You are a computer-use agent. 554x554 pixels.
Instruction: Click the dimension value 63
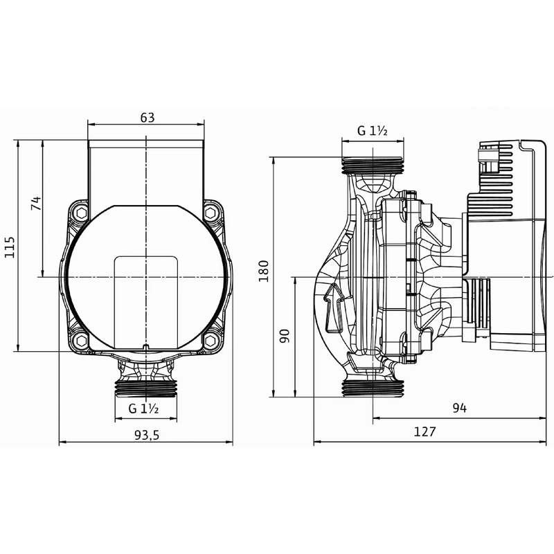pos(147,117)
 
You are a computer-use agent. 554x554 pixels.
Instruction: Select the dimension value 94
pos(459,409)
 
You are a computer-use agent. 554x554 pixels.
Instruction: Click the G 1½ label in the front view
pos(144,409)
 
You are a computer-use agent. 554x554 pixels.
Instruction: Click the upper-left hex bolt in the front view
pos(82,213)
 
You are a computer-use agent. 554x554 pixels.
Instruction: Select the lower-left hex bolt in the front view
pos(82,340)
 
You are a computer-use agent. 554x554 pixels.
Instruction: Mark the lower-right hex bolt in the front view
pos(211,340)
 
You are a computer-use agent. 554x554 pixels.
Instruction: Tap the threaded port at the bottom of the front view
pos(146,386)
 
